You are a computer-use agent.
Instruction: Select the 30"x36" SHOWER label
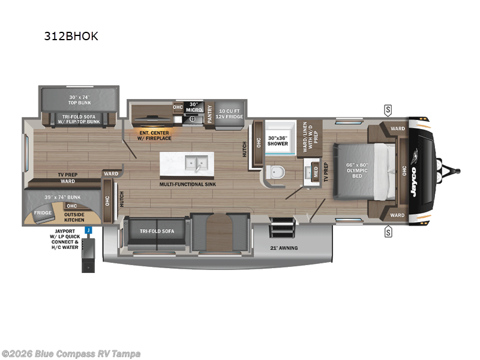pos(277,140)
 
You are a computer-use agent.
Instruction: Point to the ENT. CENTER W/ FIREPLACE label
pos(155,136)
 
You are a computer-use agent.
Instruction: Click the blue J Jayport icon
pos(88,229)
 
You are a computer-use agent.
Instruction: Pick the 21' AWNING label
pos(284,247)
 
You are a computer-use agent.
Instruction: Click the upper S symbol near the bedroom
pos(388,109)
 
